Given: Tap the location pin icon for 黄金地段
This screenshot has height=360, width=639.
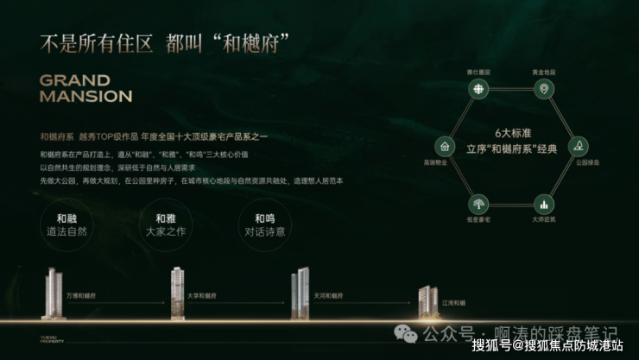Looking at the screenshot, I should [x=543, y=89].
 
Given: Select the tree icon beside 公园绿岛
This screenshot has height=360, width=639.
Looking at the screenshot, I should [x=577, y=145].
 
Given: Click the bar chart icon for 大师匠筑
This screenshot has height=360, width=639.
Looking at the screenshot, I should [x=543, y=204].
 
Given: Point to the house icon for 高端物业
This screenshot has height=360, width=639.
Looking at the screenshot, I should [x=444, y=145].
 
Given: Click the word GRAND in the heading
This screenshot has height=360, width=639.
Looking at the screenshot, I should [x=74, y=80].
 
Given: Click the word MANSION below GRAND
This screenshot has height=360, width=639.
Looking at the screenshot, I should [x=85, y=96].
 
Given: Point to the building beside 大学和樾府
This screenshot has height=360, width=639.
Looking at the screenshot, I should [x=177, y=292].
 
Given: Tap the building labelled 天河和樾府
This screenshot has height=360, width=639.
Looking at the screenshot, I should [x=300, y=293].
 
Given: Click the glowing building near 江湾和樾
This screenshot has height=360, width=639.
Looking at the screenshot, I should [x=427, y=300].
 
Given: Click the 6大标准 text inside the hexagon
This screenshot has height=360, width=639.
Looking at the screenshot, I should [x=509, y=133].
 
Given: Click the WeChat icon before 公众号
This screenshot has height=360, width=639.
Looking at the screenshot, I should [x=406, y=332].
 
